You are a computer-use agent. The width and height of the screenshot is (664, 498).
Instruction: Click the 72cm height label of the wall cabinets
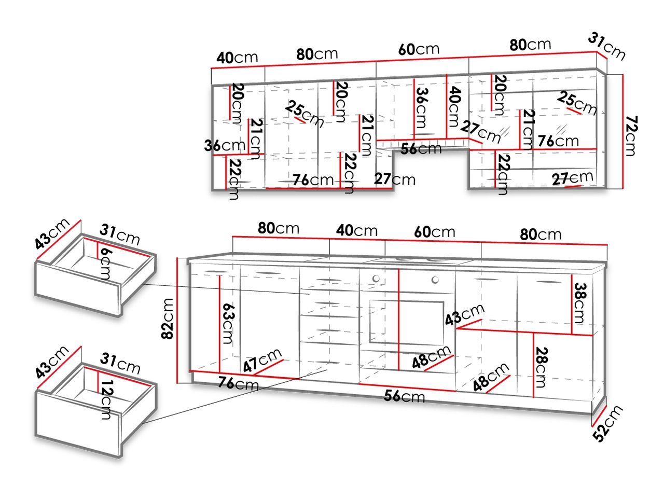pos(631,136)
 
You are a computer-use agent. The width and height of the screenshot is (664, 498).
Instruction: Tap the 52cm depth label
pos(607,423)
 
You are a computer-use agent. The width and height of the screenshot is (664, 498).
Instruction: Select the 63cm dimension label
pos(228,324)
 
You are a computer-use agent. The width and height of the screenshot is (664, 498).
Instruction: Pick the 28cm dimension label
pos(541,367)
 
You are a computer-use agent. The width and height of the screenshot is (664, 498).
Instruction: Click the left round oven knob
pos(376,279)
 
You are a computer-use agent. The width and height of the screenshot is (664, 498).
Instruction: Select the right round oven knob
pos(435,280)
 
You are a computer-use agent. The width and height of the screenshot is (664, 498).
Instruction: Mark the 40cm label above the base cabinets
pos(357,231)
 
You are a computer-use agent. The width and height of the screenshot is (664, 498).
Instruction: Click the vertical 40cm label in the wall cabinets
pos(454,107)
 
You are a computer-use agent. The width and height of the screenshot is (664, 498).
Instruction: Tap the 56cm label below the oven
pos(404,396)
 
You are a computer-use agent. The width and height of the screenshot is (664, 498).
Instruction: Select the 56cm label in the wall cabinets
pos(421,148)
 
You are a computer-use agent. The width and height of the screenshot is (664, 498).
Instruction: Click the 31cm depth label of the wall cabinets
pos(606,48)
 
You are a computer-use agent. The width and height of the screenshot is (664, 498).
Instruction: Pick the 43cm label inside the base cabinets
pos(464,314)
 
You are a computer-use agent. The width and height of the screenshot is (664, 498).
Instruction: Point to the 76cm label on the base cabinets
pos(238,384)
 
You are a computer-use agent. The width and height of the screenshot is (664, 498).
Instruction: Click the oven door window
pos(407,323)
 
